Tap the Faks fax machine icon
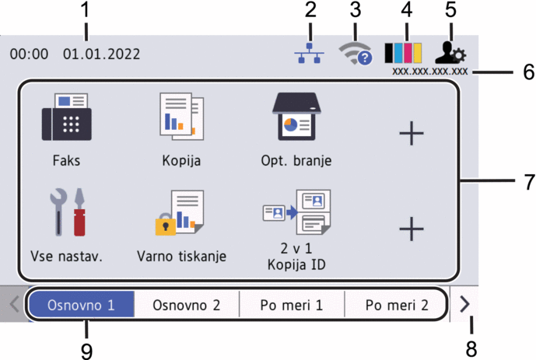67,117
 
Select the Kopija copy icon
182,116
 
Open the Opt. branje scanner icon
296,117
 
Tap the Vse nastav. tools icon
68,212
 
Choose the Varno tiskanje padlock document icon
180,213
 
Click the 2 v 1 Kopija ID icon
296,212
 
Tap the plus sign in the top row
412,133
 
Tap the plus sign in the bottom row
412,229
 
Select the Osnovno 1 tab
82,305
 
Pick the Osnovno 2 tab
187,305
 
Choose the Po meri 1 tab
292,305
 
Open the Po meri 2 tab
397,305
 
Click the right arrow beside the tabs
464,304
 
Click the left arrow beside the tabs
14,304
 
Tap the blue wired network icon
310,54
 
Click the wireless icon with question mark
356,54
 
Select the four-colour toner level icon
403,53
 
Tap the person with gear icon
450,53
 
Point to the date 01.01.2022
102,54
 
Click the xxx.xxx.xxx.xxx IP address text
430,72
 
